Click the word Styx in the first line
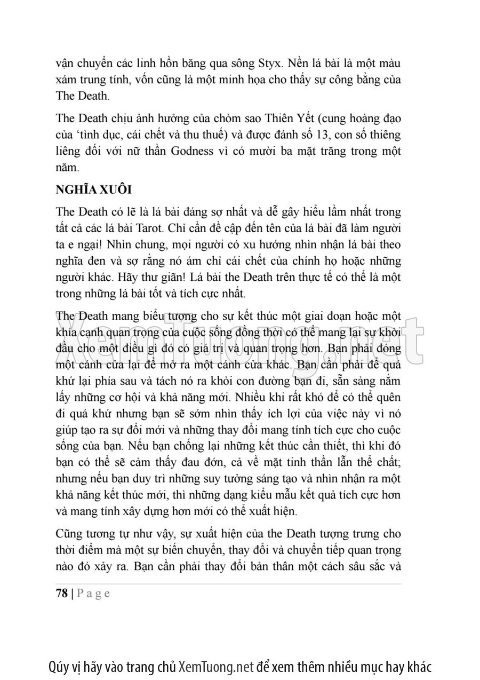pos(265,63)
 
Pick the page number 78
pos(62,593)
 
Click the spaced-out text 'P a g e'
pos(94,593)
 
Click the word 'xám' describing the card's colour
pos(66,80)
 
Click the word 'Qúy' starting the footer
pos(58,666)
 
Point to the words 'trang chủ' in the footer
pos(150,666)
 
